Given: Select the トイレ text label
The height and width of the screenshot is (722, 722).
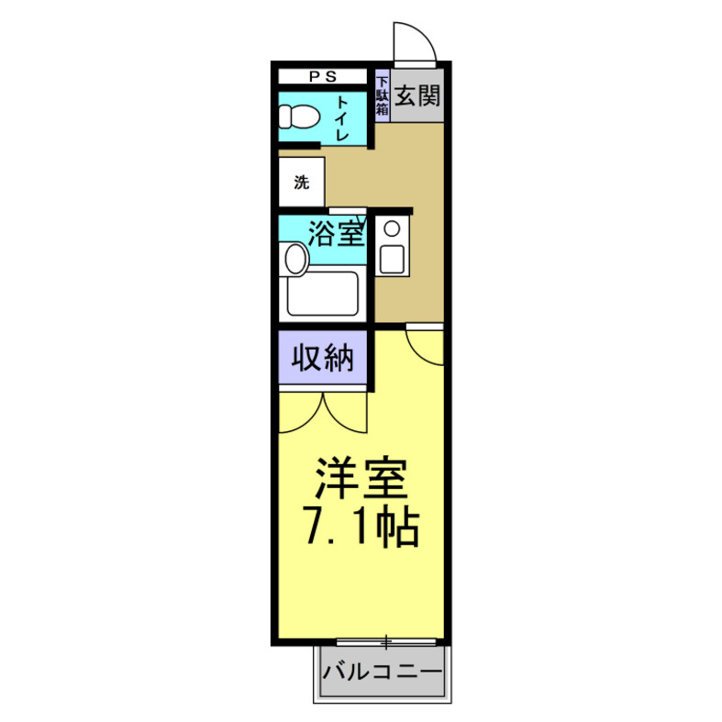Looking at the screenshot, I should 342,117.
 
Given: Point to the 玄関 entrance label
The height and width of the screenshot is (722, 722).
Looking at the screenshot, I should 417,95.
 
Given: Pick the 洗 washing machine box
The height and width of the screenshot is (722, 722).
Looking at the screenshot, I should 302,182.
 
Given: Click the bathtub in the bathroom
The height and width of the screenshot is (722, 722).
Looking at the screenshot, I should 321,294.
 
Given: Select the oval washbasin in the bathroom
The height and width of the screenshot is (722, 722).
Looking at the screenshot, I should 295,259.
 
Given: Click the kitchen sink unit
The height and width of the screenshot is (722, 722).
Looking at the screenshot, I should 392,245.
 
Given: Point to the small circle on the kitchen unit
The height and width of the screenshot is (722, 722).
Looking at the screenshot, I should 392,228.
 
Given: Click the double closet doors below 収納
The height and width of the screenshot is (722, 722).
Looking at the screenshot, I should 323,412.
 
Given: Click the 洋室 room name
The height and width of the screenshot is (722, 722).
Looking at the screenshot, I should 360,479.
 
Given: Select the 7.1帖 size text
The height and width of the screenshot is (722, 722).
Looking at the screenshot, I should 360,527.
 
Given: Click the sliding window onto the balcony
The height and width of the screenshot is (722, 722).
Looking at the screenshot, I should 386,640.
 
